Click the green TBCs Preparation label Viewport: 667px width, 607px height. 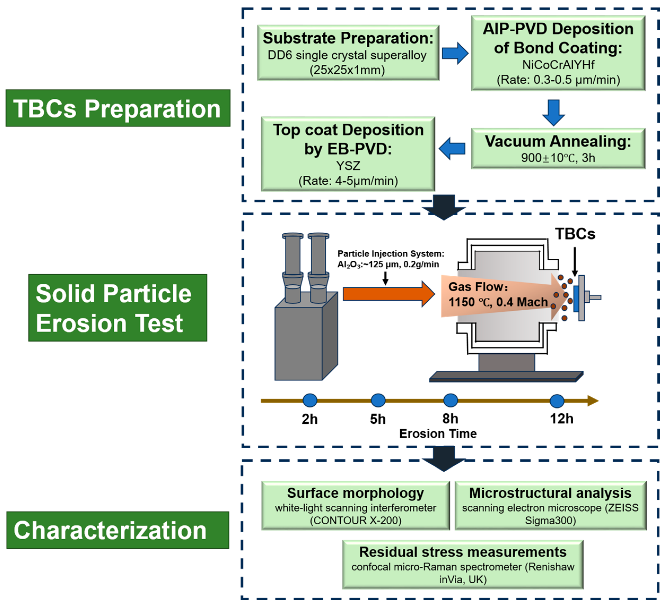coord(118,108)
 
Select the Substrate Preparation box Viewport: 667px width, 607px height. coord(348,53)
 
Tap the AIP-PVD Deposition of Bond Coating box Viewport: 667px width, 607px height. coord(558,53)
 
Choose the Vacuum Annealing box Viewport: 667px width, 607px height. coord(558,148)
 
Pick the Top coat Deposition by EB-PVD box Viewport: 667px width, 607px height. coord(348,154)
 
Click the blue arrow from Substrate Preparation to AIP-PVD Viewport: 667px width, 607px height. coord(455,53)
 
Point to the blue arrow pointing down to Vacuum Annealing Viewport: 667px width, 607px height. coord(554,112)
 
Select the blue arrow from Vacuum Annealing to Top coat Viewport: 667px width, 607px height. coord(452,148)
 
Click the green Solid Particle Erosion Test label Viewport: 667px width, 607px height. coord(118,308)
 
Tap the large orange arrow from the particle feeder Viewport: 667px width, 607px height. coord(389,294)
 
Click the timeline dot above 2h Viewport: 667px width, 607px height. coord(310,400)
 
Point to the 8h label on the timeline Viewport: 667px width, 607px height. coord(450,419)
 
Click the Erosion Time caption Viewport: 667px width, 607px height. coord(438,433)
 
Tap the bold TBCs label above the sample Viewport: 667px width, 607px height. coord(575,234)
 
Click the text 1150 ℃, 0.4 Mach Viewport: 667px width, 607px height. coord(498,302)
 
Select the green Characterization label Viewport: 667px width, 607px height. coord(118,530)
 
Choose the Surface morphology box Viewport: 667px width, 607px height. coord(356,505)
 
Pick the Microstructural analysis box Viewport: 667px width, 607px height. coord(551,505)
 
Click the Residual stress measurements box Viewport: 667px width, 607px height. coord(463,564)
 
